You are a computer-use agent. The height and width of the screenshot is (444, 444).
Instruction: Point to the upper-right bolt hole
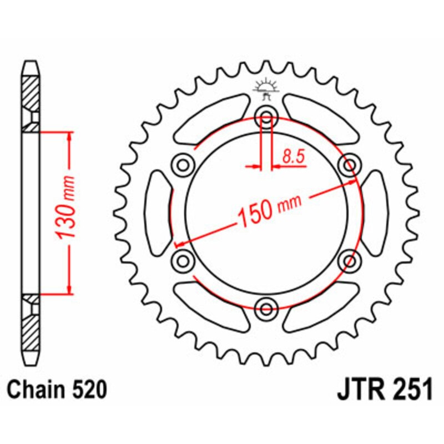350,165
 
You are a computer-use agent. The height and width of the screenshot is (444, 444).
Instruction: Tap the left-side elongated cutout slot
157,213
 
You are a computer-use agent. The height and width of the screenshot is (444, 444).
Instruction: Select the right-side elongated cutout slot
376,213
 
